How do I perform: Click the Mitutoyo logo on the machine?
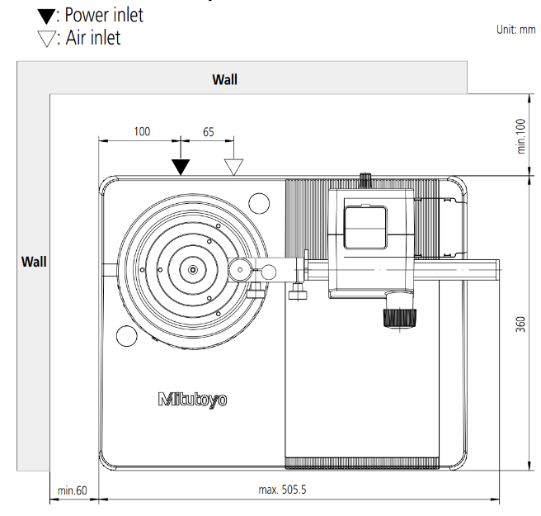(192, 400)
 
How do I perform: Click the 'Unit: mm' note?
(515, 30)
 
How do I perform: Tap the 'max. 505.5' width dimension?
(282, 490)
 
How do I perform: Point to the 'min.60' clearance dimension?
(72, 490)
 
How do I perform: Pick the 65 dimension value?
(208, 131)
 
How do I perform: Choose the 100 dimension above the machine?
(142, 131)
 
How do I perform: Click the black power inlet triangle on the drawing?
(181, 167)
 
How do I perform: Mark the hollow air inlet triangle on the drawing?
(233, 167)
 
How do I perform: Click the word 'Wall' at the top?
(224, 79)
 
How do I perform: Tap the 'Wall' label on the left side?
(34, 262)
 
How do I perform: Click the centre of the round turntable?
(192, 269)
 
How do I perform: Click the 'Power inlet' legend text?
(103, 15)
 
